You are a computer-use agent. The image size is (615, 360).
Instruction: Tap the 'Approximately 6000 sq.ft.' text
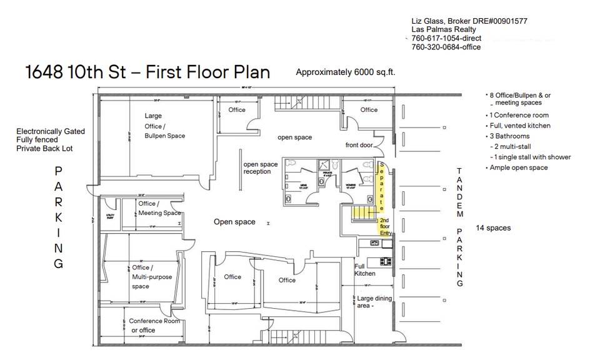coord(345,72)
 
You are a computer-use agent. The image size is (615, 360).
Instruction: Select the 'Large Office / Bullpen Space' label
coord(164,126)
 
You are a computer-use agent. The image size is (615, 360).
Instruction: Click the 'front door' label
coord(359,145)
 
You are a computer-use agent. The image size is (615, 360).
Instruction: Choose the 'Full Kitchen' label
coord(365,269)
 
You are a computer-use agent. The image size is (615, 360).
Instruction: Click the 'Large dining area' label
coord(374,302)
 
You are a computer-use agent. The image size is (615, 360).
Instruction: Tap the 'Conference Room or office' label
coord(154,325)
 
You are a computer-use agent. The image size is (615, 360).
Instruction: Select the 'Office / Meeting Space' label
coord(159,208)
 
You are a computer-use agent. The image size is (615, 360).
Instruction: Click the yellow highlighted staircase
coord(363,212)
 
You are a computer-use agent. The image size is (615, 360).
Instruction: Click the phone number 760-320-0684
coord(446,47)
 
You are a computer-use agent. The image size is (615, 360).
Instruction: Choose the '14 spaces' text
coord(493,227)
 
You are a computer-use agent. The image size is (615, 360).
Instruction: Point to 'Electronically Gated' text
coord(51,132)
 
